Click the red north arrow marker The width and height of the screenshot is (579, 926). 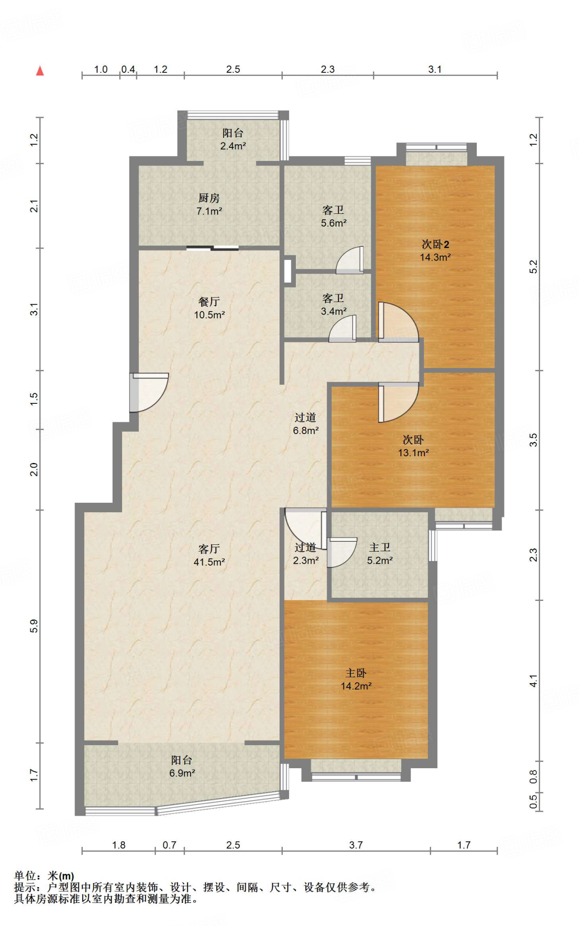[x=40, y=71]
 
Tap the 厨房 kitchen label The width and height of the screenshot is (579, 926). [x=209, y=198]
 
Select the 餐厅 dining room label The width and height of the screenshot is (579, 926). [x=209, y=302]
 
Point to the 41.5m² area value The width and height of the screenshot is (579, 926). [x=209, y=562]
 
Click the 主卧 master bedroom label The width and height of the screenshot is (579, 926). [x=356, y=673]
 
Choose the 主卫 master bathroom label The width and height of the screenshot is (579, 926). [x=380, y=548]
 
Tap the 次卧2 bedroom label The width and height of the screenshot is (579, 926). [x=435, y=245]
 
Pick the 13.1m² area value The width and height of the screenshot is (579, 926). [x=413, y=453]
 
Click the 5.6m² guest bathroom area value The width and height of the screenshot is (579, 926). [x=334, y=223]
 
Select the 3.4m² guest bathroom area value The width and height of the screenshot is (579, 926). [x=334, y=311]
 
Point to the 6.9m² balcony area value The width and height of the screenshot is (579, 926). [x=182, y=773]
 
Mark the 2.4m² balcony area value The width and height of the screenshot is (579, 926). [x=233, y=146]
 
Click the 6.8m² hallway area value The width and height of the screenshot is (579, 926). [x=306, y=430]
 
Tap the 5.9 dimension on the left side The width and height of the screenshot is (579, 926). [x=34, y=626]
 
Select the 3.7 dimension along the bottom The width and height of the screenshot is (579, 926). [x=356, y=845]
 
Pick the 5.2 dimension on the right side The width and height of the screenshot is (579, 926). [x=534, y=267]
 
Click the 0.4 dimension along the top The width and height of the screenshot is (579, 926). [x=128, y=69]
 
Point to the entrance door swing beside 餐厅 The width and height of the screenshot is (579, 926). [x=149, y=392]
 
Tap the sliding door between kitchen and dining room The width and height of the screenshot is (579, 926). [x=212, y=248]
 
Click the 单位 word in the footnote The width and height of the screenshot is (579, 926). [x=25, y=876]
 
